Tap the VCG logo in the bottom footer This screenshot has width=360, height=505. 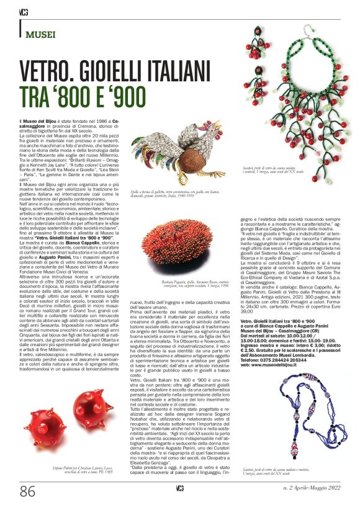pos(179,491)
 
